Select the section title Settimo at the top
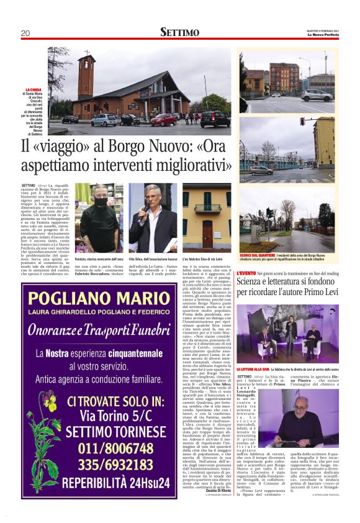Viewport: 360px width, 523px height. [x=180, y=32]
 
